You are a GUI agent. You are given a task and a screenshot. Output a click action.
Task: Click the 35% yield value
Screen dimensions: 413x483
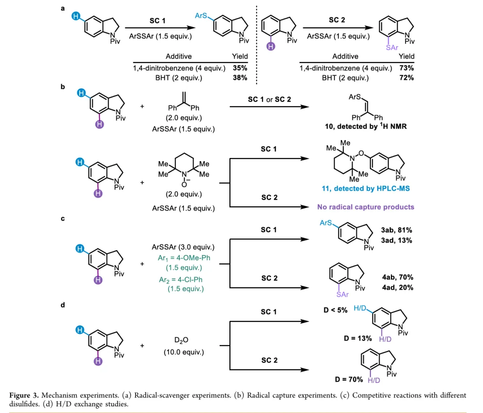(240, 68)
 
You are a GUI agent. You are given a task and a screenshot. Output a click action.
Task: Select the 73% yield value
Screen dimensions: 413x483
(407, 68)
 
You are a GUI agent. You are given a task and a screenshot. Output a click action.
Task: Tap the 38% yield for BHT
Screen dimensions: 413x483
(240, 78)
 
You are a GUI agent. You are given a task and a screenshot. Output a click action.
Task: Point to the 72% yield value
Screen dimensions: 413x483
(407, 78)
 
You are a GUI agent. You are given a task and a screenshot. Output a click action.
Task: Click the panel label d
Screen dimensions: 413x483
(63, 305)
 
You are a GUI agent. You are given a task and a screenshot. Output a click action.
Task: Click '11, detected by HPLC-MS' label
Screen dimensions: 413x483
(365, 189)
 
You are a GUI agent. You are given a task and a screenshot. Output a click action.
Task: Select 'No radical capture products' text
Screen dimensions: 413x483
(365, 207)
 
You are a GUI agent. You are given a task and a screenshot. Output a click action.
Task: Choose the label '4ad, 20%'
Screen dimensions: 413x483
(397, 288)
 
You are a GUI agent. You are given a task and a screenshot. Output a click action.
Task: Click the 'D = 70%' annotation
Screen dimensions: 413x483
(349, 379)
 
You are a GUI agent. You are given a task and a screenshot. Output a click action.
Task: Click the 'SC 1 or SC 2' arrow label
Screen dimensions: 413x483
(269, 99)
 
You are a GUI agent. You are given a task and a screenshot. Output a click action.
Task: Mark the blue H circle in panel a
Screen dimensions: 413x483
(76, 17)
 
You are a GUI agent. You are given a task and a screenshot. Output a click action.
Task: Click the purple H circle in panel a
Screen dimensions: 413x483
(270, 47)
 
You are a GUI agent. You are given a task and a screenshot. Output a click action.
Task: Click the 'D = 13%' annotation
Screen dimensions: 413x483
(357, 338)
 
